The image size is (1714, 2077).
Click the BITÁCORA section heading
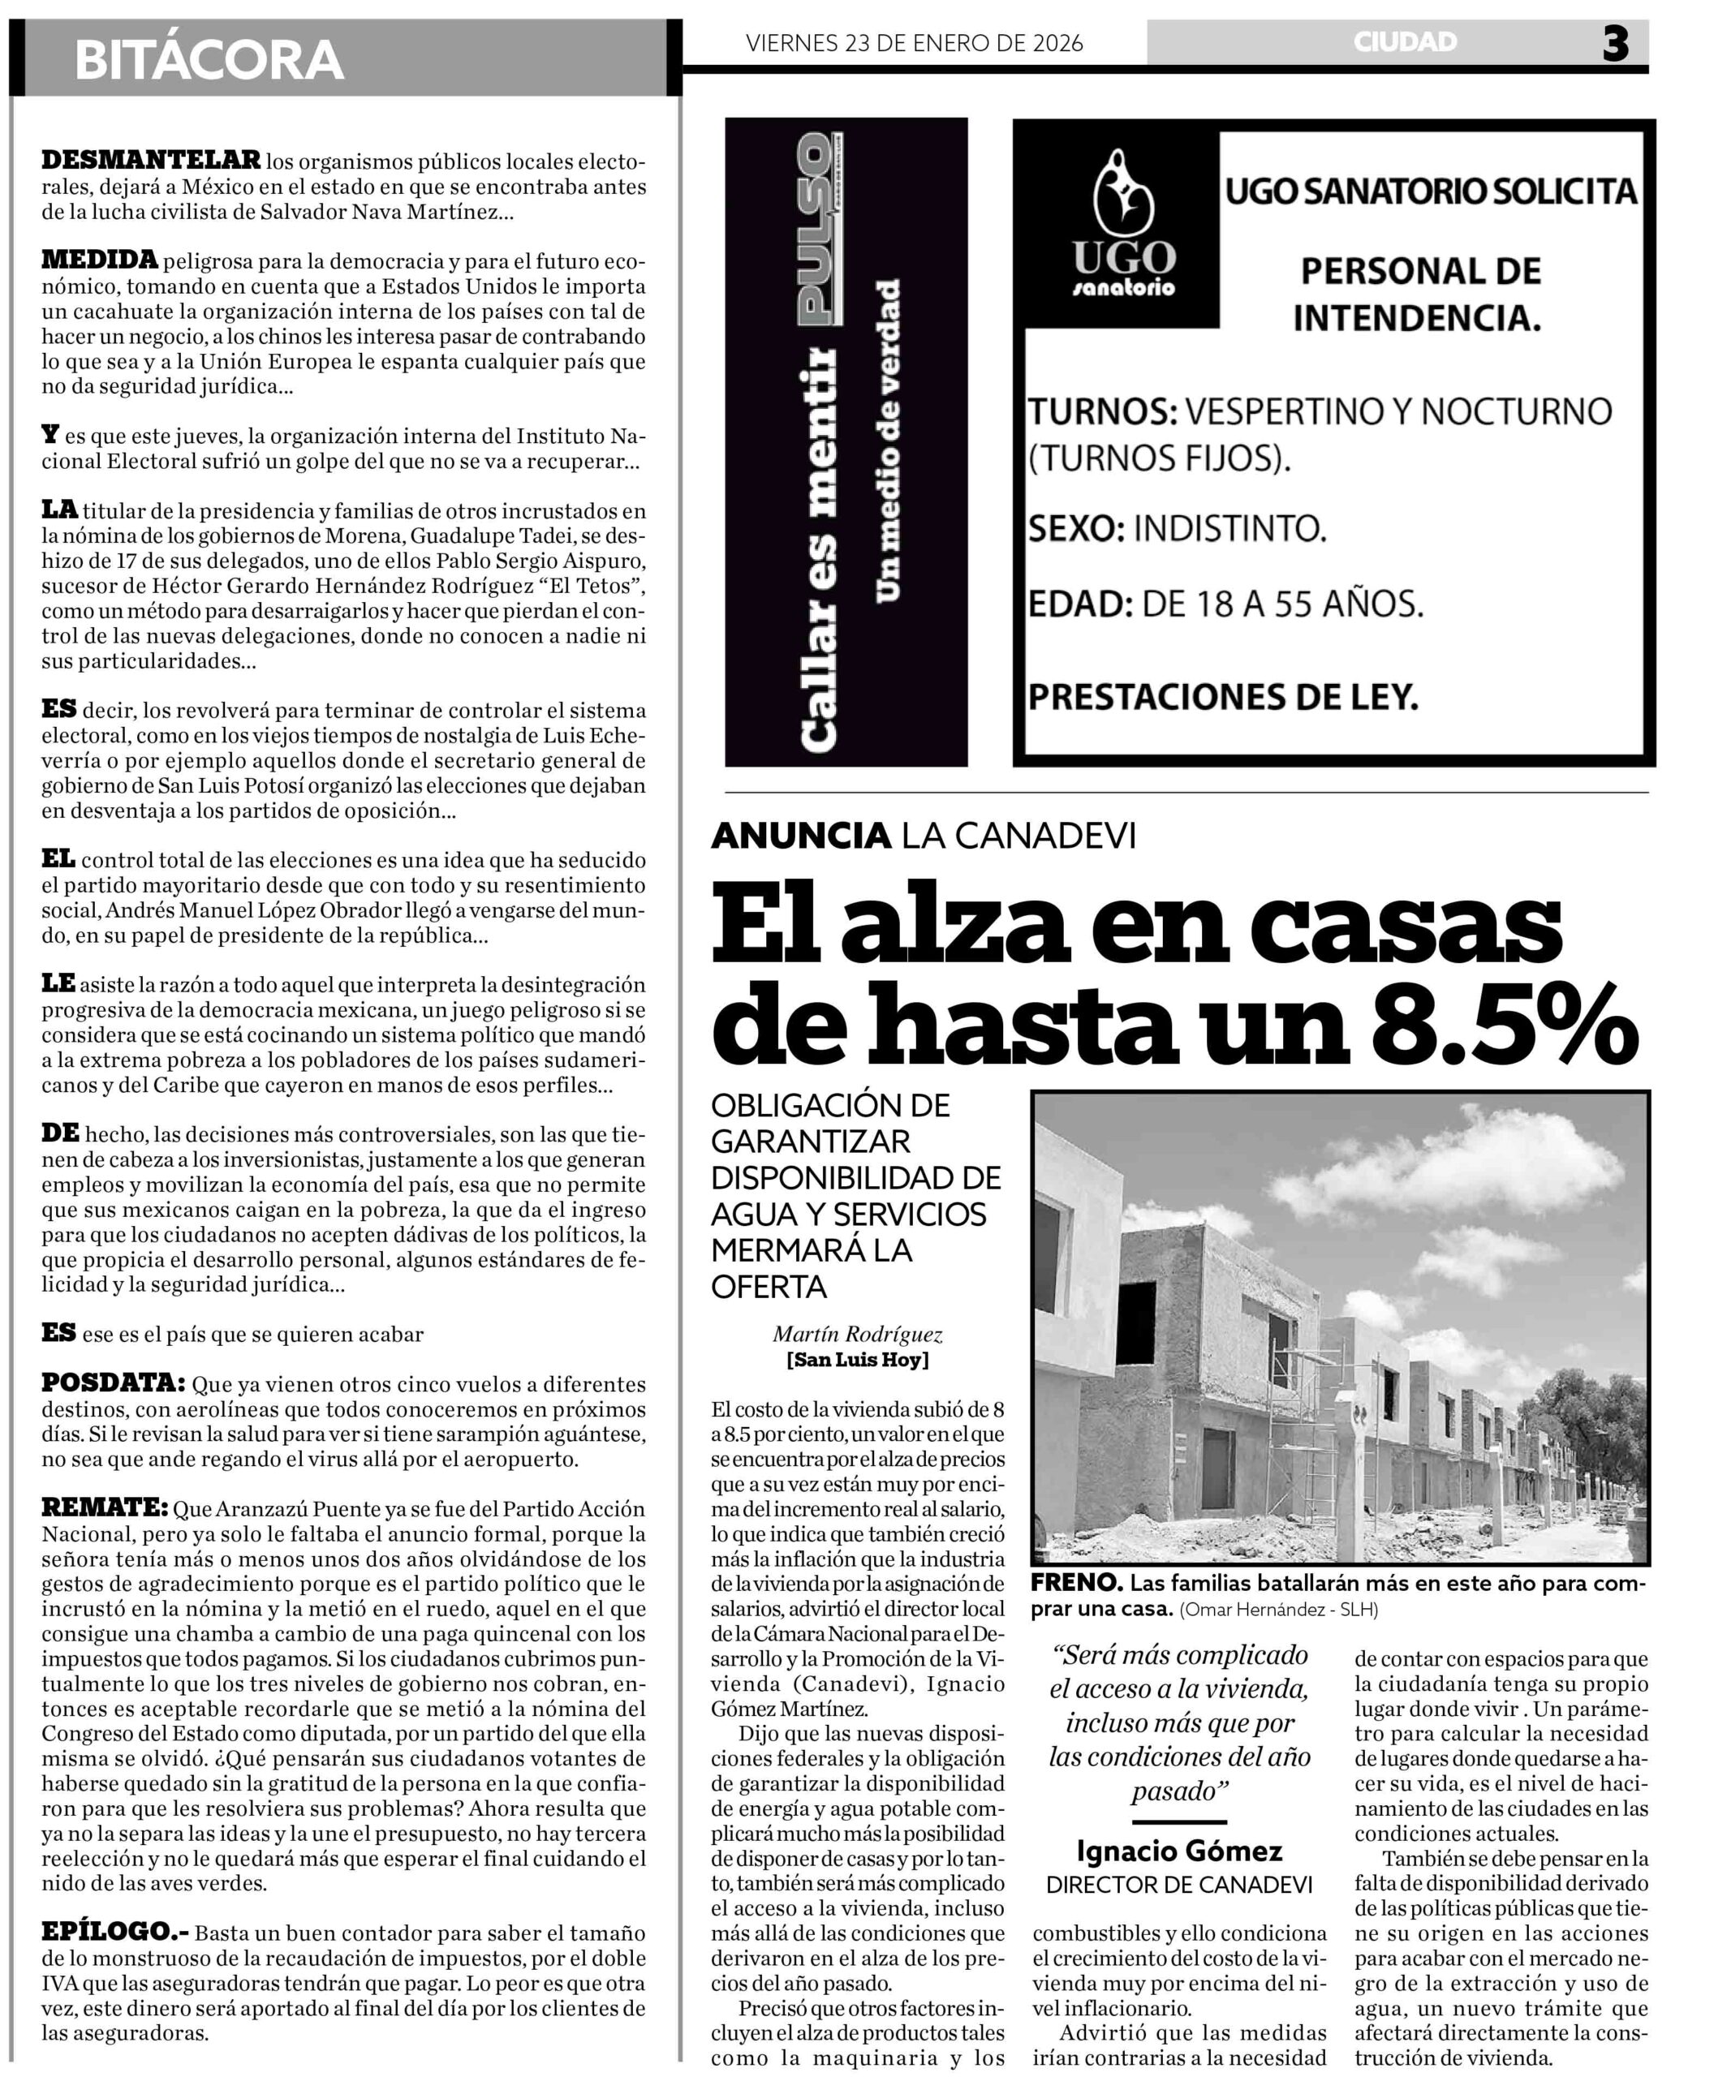point(209,59)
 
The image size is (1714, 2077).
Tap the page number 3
point(1615,45)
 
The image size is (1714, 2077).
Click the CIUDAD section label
point(1405,41)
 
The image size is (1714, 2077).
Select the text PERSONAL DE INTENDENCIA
point(1419,295)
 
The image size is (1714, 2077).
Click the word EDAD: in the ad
point(1080,603)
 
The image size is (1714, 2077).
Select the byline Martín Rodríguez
point(857,1335)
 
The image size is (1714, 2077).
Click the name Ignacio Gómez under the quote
point(1179,1851)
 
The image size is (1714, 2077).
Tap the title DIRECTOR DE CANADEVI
point(1179,1886)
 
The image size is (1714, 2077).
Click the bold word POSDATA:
point(113,1383)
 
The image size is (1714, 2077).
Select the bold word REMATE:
point(105,1507)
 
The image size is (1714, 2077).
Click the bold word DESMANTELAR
point(151,159)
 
